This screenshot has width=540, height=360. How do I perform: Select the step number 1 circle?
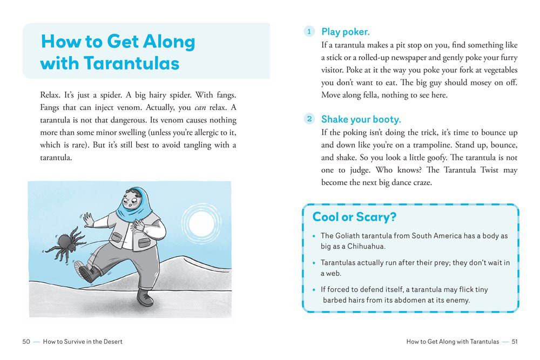pos(309,32)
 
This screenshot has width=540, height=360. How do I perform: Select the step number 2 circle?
pos(309,119)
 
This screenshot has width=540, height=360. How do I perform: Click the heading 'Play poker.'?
pos(345,32)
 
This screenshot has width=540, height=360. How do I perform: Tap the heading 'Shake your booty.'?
pos(361,119)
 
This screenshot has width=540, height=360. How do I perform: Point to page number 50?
pos(26,342)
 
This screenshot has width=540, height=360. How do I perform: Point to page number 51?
pos(515,342)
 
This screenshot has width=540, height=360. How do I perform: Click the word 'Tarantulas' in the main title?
pos(132,64)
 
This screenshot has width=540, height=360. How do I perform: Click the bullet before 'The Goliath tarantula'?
pos(314,236)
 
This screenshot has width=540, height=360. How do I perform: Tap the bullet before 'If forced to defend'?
pos(314,290)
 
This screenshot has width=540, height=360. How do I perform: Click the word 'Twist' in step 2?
pos(490,171)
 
